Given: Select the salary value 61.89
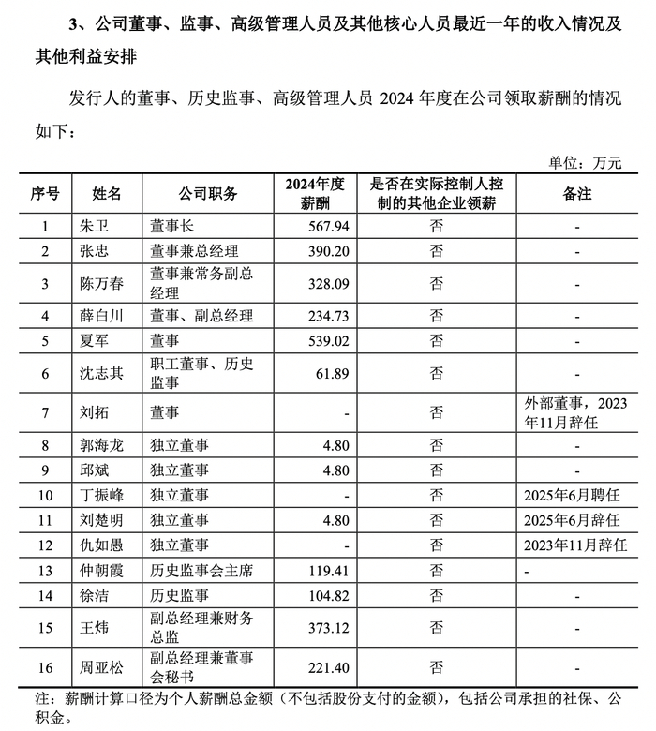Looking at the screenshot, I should (x=335, y=373).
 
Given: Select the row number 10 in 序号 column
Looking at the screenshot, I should (x=45, y=494).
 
